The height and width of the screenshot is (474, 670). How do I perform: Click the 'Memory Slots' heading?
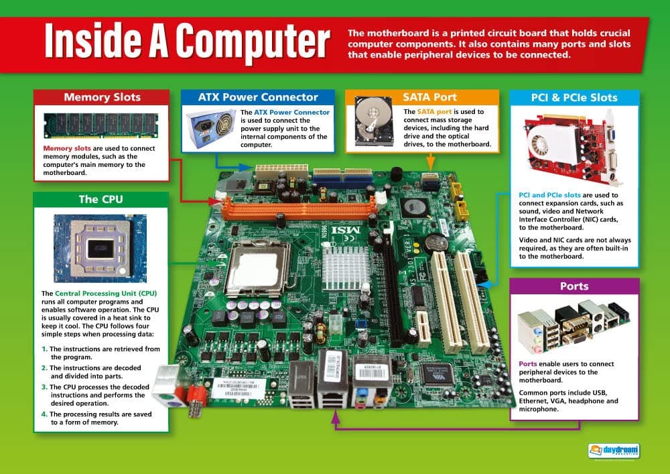(103, 97)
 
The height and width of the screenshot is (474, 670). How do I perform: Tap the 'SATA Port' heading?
(421, 97)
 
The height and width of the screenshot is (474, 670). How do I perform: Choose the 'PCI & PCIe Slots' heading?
(574, 97)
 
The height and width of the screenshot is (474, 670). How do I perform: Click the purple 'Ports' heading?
(574, 286)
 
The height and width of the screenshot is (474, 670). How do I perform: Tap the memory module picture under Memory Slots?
(100, 125)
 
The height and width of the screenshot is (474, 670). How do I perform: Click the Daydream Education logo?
(613, 451)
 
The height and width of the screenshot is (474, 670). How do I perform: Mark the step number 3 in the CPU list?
(44, 386)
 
